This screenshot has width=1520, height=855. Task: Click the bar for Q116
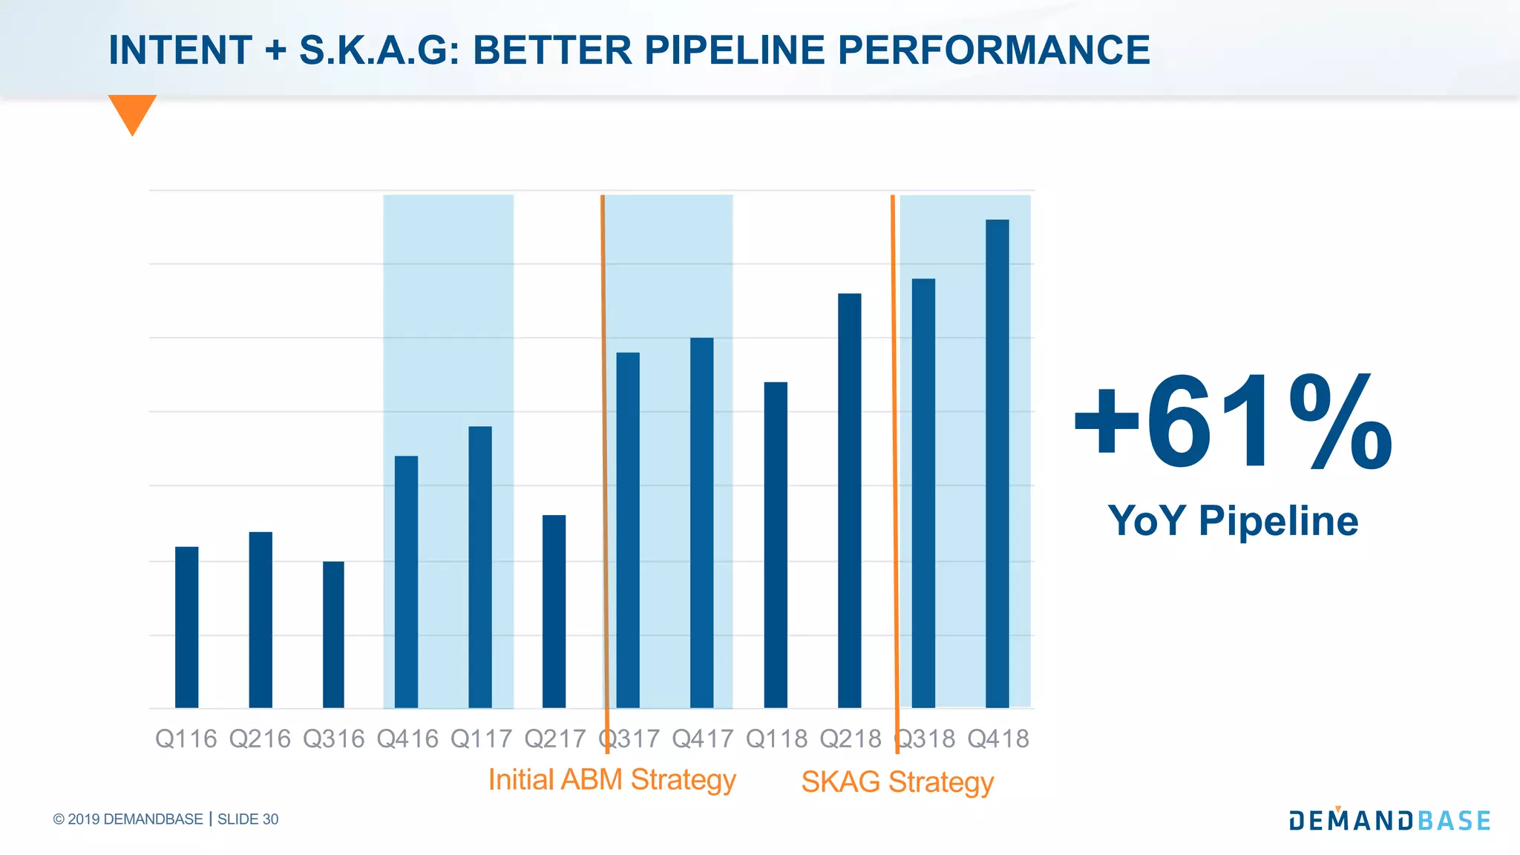[186, 627]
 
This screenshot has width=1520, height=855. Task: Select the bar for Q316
[333, 635]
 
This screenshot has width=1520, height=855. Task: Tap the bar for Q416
[406, 582]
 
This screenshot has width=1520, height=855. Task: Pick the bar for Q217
[554, 612]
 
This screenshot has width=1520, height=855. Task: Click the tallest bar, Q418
[997, 464]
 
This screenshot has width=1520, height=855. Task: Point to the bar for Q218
[849, 501]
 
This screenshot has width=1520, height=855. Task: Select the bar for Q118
[776, 546]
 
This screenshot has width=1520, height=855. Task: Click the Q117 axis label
[481, 739]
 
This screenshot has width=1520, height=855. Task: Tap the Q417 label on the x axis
[702, 739]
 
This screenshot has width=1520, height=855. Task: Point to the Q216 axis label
[260, 739]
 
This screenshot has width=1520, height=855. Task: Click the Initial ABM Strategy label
[612, 780]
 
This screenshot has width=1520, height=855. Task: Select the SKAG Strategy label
[897, 782]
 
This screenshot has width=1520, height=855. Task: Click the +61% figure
[1233, 423]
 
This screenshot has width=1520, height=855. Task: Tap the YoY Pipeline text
[1233, 520]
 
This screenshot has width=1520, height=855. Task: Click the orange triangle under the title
[132, 111]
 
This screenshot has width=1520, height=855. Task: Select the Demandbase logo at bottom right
[1389, 819]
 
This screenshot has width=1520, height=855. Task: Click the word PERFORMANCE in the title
[994, 50]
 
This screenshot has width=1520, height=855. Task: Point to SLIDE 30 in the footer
[248, 819]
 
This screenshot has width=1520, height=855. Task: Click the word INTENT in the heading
[180, 50]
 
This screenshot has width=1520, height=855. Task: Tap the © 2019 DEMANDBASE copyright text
[128, 819]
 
